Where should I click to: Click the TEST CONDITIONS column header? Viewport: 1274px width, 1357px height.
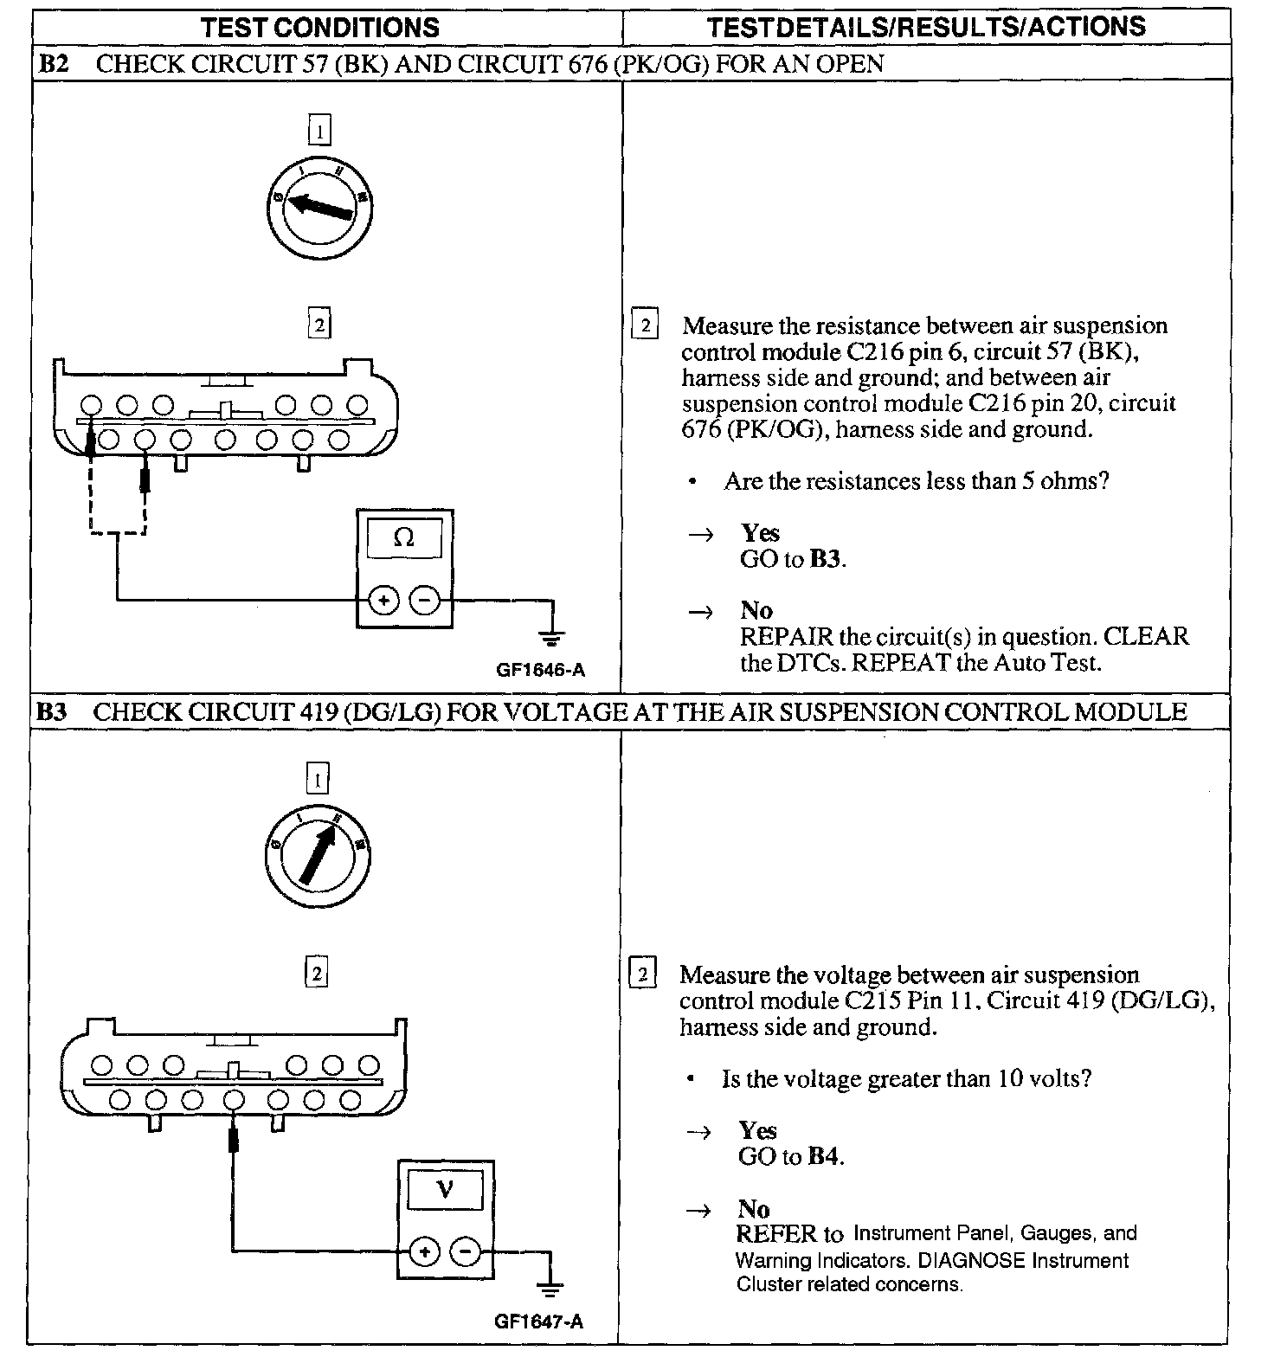(320, 27)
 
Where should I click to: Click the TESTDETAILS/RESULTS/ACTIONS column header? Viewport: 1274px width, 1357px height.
(926, 27)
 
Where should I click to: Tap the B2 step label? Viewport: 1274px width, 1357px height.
(53, 64)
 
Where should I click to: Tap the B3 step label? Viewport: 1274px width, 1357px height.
(51, 712)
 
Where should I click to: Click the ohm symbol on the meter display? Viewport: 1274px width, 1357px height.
(404, 537)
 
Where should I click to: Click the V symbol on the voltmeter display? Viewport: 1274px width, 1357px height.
(445, 1189)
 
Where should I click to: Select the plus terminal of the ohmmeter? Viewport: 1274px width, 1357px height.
(384, 599)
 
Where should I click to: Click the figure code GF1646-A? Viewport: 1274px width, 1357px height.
(541, 670)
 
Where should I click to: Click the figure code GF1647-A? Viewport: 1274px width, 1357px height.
(539, 1322)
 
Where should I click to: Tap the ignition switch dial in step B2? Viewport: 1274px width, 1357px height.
(319, 205)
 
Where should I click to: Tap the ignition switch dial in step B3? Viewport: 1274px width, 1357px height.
(318, 856)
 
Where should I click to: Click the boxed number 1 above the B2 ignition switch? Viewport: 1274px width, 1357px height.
(319, 132)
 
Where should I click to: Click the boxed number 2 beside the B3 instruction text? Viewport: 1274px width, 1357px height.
(642, 974)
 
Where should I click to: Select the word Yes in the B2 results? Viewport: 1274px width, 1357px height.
(760, 533)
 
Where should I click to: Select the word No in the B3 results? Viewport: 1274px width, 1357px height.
(754, 1208)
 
